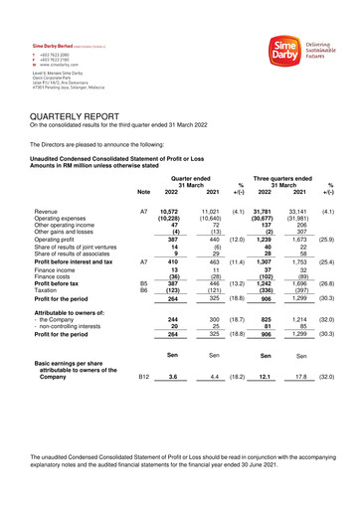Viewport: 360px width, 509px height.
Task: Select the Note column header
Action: (143, 192)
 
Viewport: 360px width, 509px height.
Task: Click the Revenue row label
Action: (46, 212)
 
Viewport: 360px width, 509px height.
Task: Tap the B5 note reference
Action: (143, 280)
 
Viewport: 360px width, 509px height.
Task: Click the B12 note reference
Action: (143, 377)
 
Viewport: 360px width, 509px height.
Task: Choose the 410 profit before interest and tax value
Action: (172, 261)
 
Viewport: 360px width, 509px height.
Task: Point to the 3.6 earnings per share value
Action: (172, 377)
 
